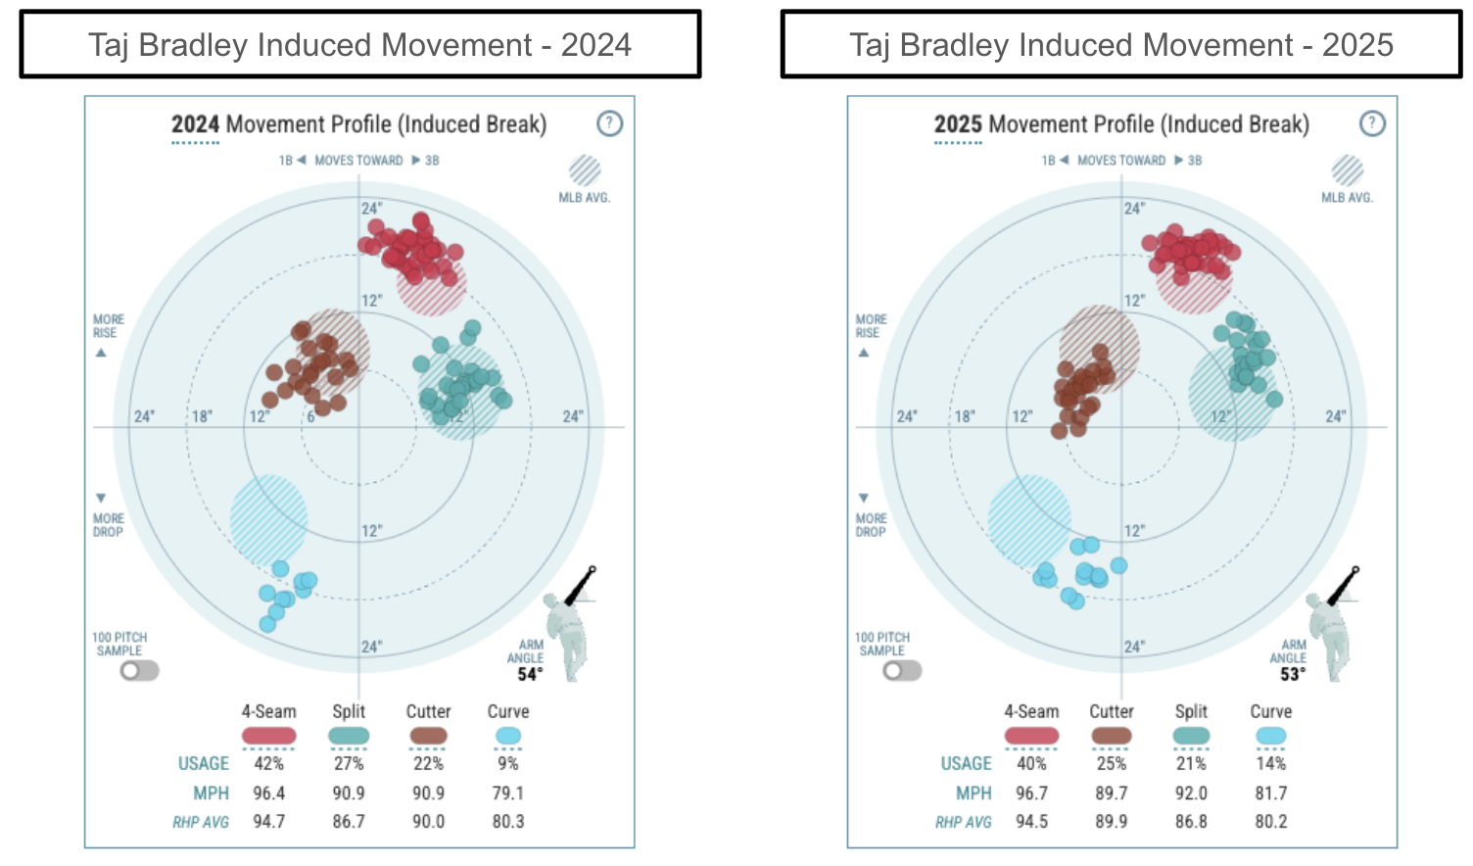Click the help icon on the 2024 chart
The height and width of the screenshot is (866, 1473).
click(609, 123)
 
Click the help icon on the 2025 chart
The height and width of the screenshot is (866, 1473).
click(1372, 123)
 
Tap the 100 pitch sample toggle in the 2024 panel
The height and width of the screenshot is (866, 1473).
click(139, 671)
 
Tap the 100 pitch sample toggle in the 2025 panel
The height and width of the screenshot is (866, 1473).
click(902, 671)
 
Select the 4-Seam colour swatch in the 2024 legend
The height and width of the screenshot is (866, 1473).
click(268, 736)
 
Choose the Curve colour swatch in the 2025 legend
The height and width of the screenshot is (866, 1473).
click(1270, 736)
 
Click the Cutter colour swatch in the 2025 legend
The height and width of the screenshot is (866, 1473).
click(1112, 736)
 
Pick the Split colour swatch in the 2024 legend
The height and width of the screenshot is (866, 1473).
click(349, 736)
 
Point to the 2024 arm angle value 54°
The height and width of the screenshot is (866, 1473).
click(530, 674)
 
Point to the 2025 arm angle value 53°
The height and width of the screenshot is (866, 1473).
click(1293, 674)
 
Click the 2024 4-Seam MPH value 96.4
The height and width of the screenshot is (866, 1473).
click(268, 793)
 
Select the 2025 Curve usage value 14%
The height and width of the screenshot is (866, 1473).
click(1270, 763)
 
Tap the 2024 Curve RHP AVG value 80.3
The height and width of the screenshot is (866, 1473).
click(507, 822)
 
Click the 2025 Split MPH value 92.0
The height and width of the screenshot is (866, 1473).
click(1191, 793)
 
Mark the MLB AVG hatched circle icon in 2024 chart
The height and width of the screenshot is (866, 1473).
click(585, 170)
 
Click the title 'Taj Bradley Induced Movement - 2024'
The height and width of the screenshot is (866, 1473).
click(359, 45)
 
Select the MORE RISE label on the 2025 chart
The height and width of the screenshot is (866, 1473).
click(871, 326)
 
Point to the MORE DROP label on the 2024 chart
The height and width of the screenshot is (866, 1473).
click(108, 525)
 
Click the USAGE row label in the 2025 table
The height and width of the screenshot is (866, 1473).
click(966, 763)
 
